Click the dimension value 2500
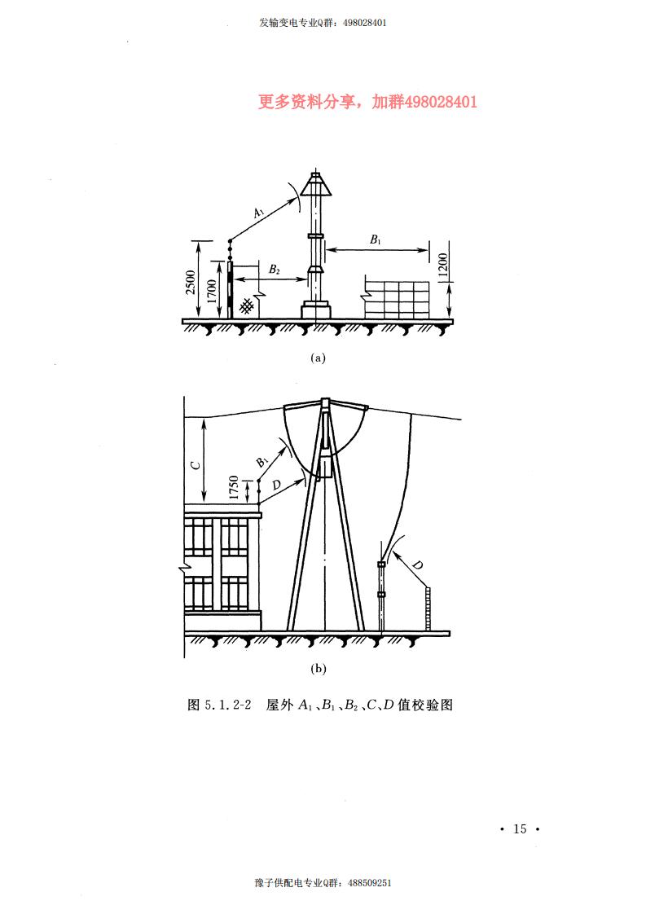(x=191, y=282)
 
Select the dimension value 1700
(x=212, y=290)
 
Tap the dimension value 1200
(x=442, y=265)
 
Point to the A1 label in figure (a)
(x=259, y=213)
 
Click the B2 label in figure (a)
(x=274, y=270)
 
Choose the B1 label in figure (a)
(x=376, y=239)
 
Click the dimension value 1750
(x=234, y=487)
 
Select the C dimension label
(x=196, y=465)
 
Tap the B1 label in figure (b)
(x=262, y=462)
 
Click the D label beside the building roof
(x=276, y=485)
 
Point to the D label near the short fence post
(x=417, y=565)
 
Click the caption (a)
(x=318, y=358)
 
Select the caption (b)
(x=318, y=669)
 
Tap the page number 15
(x=520, y=829)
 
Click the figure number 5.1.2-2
(x=228, y=705)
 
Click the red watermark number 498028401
(x=440, y=102)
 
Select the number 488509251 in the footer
(x=370, y=883)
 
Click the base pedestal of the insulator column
(x=315, y=310)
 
